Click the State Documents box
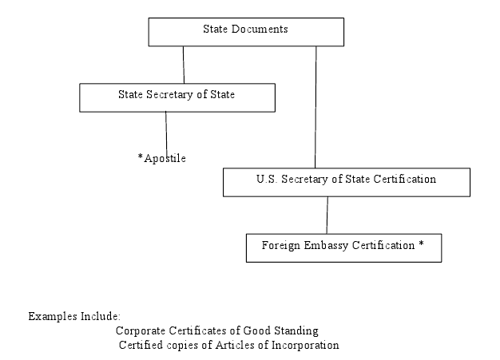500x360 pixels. coord(246,32)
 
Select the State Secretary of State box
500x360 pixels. coord(177,97)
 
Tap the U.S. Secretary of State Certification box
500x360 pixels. coord(347,182)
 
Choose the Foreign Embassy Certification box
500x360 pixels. coord(343,248)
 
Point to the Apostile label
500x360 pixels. coord(162,158)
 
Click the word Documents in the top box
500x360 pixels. coord(260,29)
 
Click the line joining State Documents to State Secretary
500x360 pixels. coord(184,65)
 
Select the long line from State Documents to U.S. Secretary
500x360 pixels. coord(315,107)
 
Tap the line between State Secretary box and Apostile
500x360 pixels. coord(166,134)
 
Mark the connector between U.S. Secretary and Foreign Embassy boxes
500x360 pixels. coord(327,215)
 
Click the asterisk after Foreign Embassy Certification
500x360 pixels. coord(421,243)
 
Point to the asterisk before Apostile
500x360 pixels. coord(141,156)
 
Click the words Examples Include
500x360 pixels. coord(74,316)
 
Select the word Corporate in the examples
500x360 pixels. coord(141,330)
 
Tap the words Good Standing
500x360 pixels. coord(280,330)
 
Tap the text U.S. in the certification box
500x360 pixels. coord(267,179)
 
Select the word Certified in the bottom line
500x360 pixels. coord(141,345)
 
